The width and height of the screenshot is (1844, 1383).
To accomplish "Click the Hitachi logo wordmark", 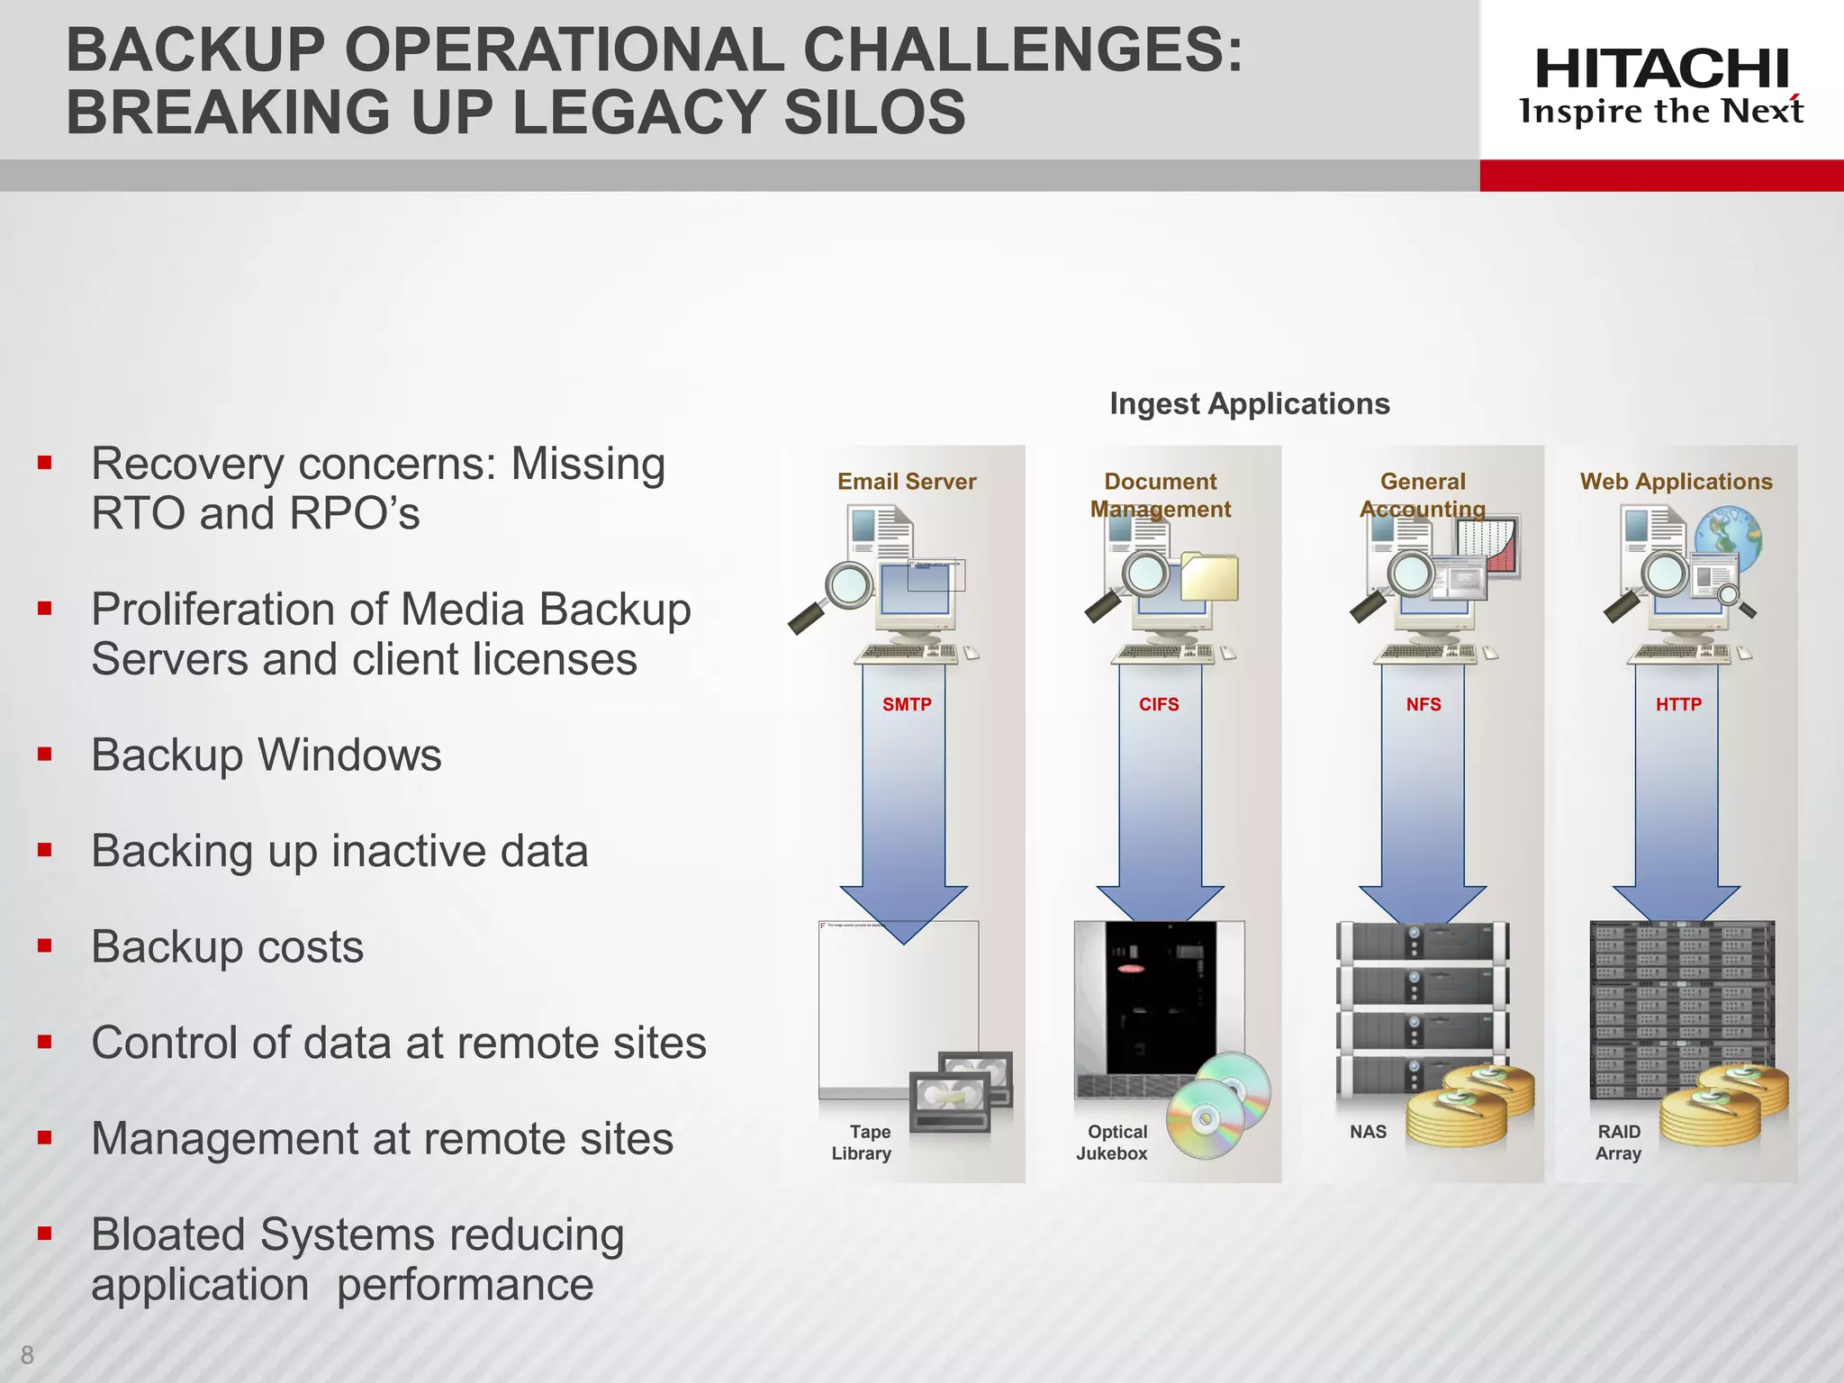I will click(1661, 69).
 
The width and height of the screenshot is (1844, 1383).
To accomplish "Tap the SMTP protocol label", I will click(907, 704).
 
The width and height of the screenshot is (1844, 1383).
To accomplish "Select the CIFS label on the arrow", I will click(1159, 704).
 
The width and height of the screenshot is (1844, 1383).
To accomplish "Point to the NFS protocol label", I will click(1424, 704).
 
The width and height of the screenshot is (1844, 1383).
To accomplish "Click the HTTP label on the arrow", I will click(1678, 704).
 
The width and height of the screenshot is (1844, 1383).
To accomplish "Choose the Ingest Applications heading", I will click(1249, 403).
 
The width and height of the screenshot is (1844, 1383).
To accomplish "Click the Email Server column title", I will click(907, 482).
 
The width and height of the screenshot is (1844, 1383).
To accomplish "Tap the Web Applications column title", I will click(1676, 482).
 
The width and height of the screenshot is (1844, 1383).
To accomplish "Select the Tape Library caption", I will click(863, 1143).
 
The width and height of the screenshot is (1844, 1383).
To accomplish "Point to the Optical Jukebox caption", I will click(1113, 1143).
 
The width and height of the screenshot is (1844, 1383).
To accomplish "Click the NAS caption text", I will click(1368, 1132).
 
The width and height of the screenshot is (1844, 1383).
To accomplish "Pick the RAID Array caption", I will click(1619, 1143).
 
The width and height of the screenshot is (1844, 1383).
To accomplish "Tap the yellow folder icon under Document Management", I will click(1210, 577).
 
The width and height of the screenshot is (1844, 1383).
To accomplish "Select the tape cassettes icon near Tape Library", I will click(961, 1091).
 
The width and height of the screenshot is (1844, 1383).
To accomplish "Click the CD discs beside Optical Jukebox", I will click(1217, 1106).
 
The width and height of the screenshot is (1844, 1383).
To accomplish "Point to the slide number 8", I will click(27, 1354).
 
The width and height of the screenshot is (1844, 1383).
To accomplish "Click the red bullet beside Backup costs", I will click(44, 945).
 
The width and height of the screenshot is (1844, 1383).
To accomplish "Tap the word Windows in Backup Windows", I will click(349, 755).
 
